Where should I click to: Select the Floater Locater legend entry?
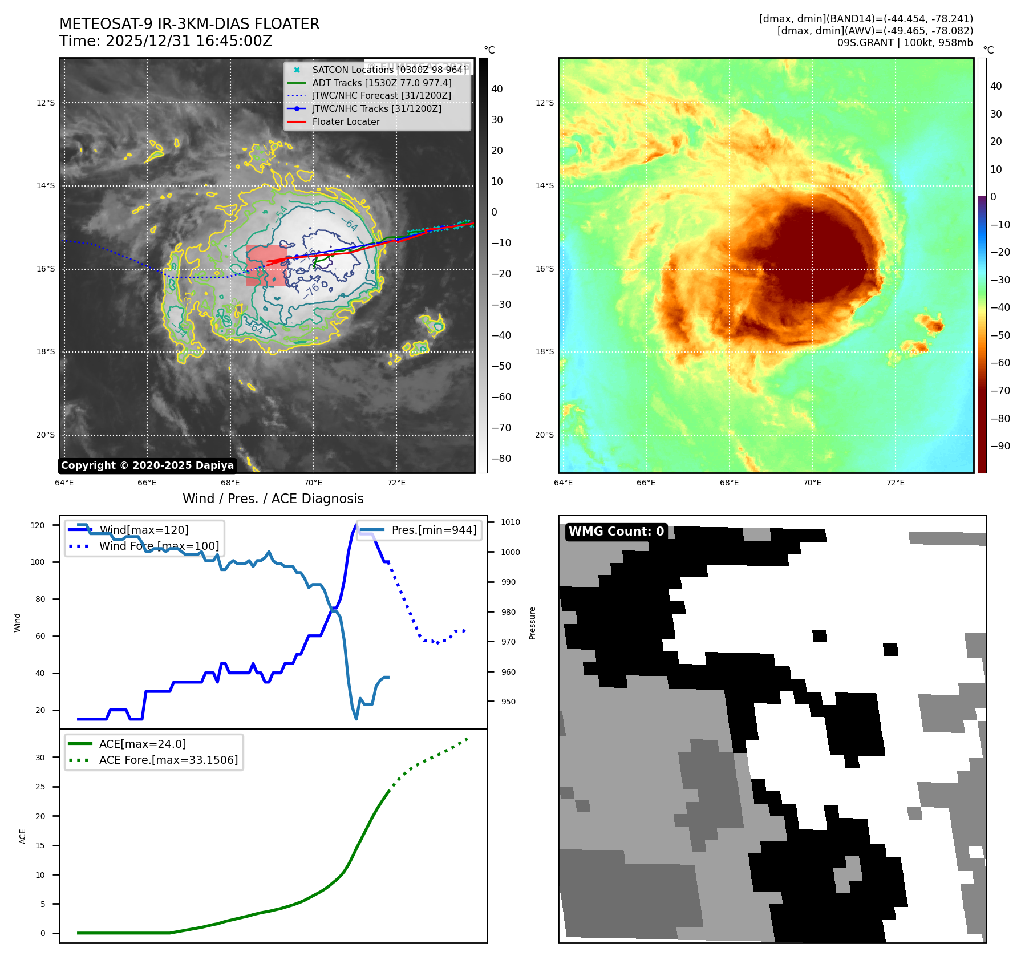346,121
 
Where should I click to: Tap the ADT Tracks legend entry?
382,83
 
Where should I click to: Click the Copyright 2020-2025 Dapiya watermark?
147,465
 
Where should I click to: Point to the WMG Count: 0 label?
616,532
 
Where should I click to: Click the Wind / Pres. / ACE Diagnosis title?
273,499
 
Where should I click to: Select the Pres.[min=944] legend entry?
434,530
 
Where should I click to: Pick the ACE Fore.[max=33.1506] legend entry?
168,760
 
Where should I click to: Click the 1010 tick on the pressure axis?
511,522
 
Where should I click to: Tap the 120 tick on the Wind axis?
38,525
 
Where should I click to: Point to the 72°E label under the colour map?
895,483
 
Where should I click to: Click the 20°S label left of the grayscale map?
46,435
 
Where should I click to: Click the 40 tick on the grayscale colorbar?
497,89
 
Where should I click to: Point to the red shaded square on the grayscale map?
266,266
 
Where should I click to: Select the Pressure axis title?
532,623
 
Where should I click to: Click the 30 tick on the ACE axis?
40,758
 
